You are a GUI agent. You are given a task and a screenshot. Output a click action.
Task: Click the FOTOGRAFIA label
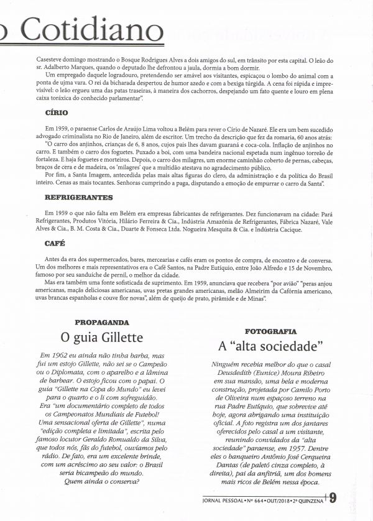(270, 331)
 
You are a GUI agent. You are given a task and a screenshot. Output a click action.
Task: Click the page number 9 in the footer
(333, 497)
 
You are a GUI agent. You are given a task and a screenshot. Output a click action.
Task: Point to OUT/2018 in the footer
(276, 499)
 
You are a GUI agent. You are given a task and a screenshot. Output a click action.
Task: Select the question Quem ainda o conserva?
(101, 482)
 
